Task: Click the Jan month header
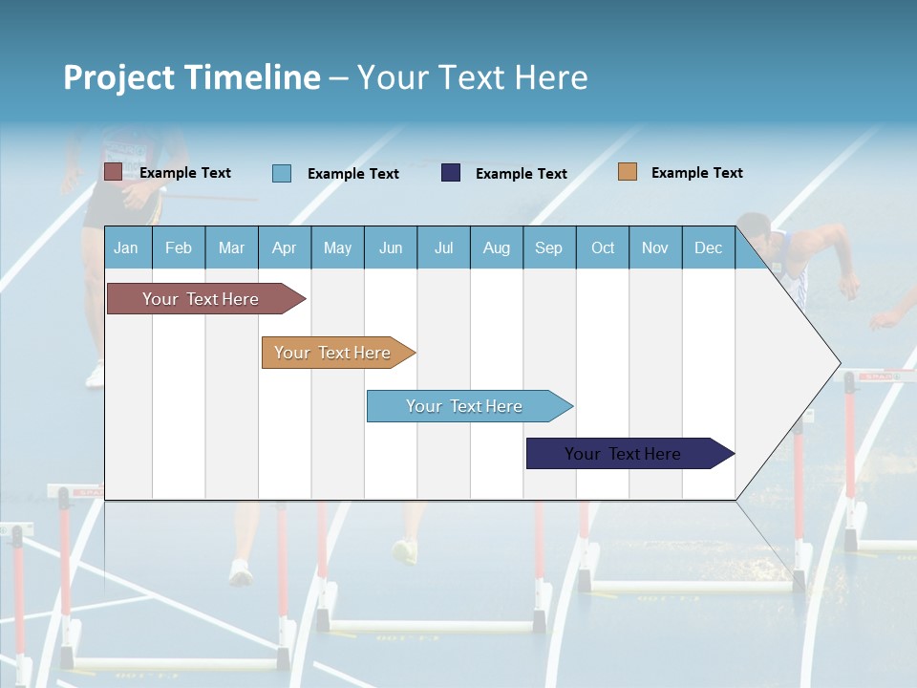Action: (x=127, y=247)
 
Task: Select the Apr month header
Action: (x=285, y=247)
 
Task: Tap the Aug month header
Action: (x=497, y=247)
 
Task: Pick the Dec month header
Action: (x=708, y=247)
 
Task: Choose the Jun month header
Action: (x=391, y=247)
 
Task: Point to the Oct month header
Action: (x=603, y=247)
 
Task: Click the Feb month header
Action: (x=179, y=247)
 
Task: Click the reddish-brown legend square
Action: (x=114, y=172)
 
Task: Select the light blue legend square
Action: (x=282, y=173)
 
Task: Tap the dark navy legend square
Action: (x=451, y=173)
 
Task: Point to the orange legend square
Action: (x=628, y=172)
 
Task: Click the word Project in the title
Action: (x=117, y=77)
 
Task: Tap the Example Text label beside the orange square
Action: (x=696, y=173)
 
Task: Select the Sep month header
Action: (x=548, y=247)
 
